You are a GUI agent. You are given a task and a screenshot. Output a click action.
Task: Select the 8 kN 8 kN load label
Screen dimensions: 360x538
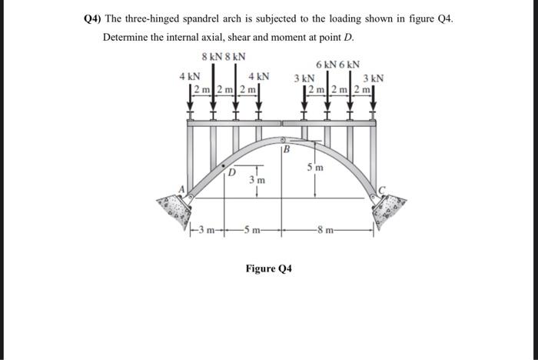(x=224, y=56)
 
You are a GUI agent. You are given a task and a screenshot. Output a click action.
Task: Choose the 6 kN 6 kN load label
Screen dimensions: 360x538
(x=337, y=65)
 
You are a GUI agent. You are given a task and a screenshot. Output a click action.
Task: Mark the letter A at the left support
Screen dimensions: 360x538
(x=183, y=189)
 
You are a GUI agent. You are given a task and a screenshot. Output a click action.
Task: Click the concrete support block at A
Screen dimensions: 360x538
(x=172, y=206)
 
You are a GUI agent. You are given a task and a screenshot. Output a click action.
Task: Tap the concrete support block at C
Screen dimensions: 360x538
(x=390, y=205)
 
